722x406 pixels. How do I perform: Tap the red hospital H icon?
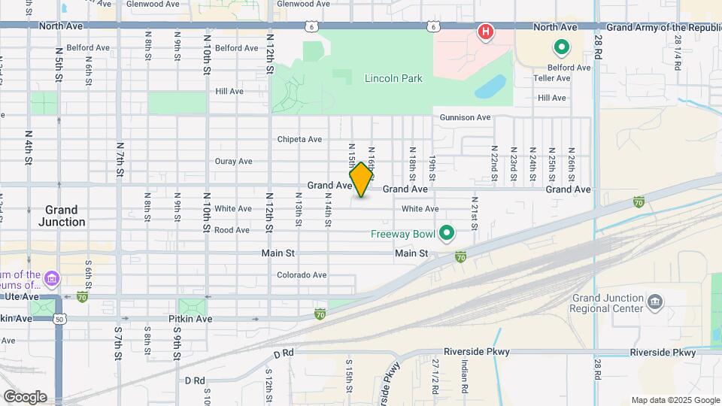pos(487,32)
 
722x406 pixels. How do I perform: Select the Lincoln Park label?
pos(393,78)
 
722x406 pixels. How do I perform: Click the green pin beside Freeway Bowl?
pos(447,234)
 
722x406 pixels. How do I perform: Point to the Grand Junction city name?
pos(61,216)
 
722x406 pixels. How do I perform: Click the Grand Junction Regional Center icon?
pos(654,301)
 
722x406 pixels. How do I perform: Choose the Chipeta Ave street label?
pos(299,139)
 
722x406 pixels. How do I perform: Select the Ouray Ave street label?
pos(233,161)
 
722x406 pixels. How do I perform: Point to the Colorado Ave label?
pos(302,275)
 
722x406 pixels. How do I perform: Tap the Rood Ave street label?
pos(232,230)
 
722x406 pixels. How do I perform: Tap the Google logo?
pos(25,397)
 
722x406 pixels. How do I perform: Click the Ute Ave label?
pos(14,297)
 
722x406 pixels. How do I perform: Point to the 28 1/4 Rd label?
pos(678,53)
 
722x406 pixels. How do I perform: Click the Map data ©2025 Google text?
pos(675,400)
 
